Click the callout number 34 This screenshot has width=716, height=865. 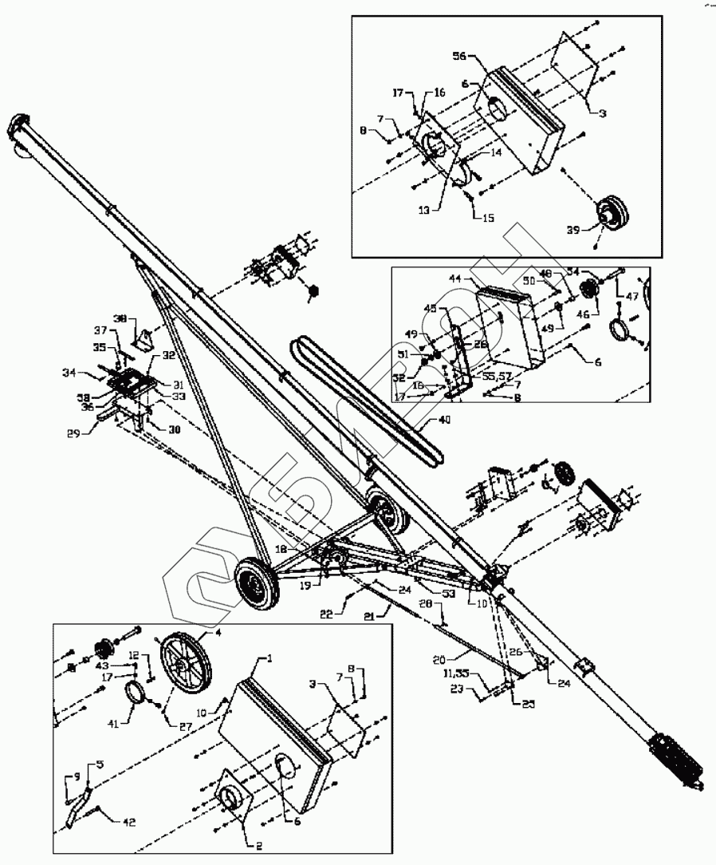point(70,372)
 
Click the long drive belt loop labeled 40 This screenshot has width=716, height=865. point(367,399)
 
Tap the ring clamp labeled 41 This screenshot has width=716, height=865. point(137,690)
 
